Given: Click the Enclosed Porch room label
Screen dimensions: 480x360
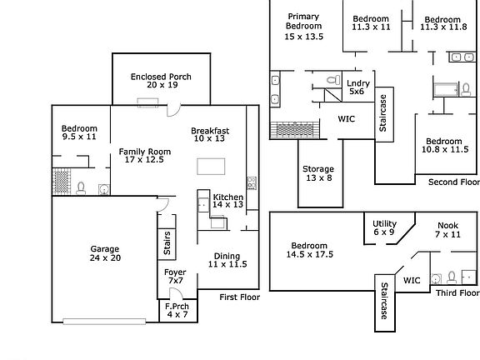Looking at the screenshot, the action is click(161, 81).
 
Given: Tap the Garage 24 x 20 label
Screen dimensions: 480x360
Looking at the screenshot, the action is click(105, 253).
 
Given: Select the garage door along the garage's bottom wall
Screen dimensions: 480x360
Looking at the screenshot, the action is click(104, 321).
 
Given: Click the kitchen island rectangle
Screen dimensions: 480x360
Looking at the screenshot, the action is click(211, 166).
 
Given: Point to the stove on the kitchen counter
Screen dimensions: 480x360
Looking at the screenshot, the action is click(252, 183).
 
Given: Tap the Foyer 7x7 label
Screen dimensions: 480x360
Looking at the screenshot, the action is click(175, 276).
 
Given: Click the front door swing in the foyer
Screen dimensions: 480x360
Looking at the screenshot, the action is click(176, 293).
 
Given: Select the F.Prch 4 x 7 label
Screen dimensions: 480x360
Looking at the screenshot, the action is click(177, 310).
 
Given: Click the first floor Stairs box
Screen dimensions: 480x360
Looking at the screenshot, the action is click(167, 244).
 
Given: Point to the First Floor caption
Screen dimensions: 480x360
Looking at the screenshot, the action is click(240, 297).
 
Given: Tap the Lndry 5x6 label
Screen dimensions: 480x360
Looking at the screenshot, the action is click(357, 87).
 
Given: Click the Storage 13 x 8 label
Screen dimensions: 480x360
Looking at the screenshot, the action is click(318, 173).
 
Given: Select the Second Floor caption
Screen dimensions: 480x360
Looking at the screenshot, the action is click(453, 182).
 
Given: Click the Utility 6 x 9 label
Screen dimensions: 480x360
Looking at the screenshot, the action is click(384, 227).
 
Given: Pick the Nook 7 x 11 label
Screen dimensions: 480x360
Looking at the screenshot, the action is click(447, 230).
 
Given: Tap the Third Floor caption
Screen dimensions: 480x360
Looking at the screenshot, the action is click(457, 293).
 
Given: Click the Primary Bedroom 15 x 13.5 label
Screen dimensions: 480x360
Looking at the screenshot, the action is click(303, 27).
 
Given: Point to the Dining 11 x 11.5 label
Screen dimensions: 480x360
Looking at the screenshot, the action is click(227, 260).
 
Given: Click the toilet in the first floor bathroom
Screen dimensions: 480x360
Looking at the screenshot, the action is click(81, 188).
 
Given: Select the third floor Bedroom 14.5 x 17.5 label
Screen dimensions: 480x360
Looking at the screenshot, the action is click(309, 250).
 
